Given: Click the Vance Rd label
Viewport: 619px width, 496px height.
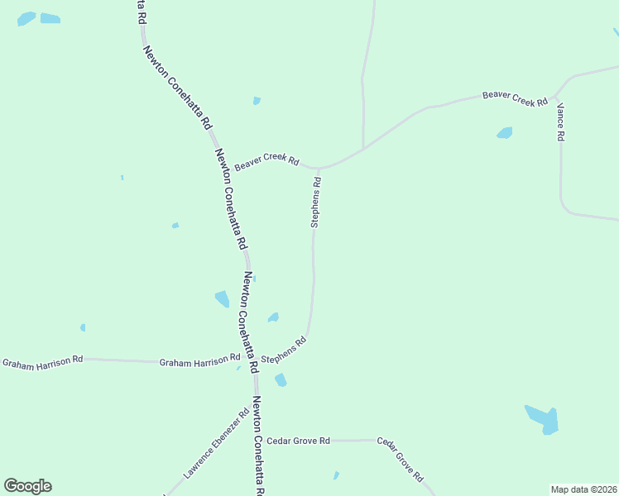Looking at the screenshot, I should pos(560,122).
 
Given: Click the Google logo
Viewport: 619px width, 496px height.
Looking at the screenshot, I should pos(27,486).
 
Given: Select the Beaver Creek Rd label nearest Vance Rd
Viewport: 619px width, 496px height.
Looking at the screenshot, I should pos(516,98).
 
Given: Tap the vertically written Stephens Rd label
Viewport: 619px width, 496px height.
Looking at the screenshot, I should pos(315,201).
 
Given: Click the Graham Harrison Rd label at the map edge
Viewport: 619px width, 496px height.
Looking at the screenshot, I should pos(42,362).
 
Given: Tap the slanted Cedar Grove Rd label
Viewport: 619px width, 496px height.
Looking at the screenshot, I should pos(401,460).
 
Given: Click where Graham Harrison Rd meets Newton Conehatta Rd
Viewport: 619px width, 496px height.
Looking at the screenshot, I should pos(254,362).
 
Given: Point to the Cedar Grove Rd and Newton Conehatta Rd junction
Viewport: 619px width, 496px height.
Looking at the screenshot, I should pos(257,441).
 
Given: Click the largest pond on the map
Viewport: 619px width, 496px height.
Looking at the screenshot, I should pos(543,419).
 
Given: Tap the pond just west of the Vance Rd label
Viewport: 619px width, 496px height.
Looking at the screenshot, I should pos(504,132).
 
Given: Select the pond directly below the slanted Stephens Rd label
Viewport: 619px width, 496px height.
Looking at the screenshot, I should pos(281,379).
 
